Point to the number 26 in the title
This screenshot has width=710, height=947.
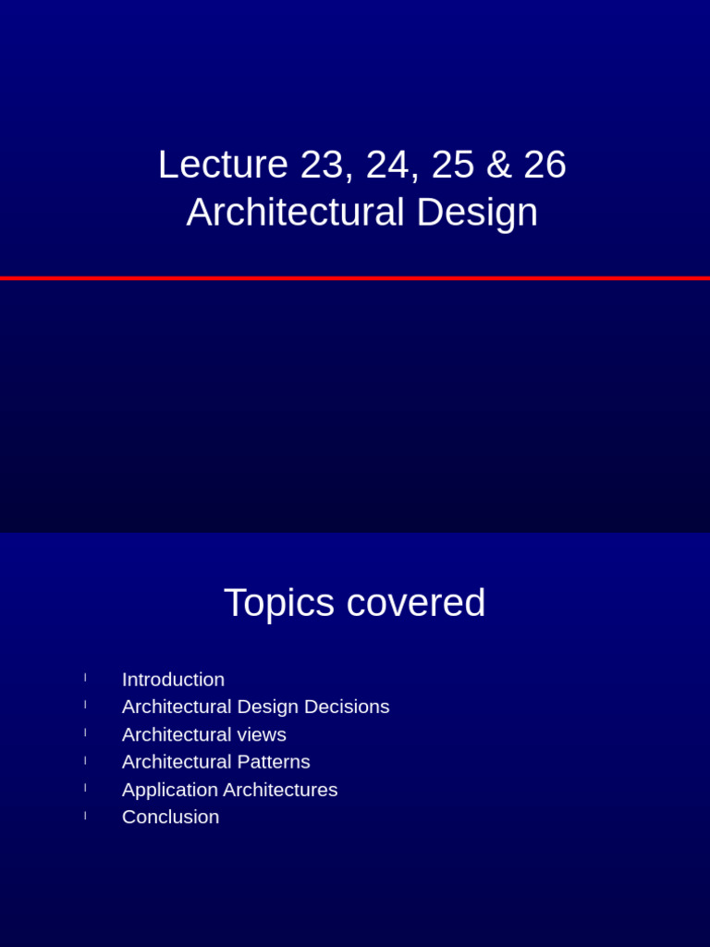(545, 165)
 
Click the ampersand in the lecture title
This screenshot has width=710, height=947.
(499, 165)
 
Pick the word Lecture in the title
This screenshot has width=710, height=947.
(223, 165)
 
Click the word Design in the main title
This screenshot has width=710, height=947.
(477, 213)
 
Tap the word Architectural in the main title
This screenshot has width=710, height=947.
(295, 213)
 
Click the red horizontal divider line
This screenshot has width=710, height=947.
(355, 277)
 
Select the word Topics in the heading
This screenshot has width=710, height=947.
(279, 603)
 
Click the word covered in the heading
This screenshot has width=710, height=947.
(416, 603)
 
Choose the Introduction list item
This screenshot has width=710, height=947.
(173, 680)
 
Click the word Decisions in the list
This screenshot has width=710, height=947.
(347, 707)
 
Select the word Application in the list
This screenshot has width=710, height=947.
(169, 790)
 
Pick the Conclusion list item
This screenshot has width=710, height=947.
(170, 818)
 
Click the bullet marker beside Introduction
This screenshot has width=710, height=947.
(85, 678)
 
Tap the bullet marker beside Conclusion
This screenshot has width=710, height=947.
(85, 816)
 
